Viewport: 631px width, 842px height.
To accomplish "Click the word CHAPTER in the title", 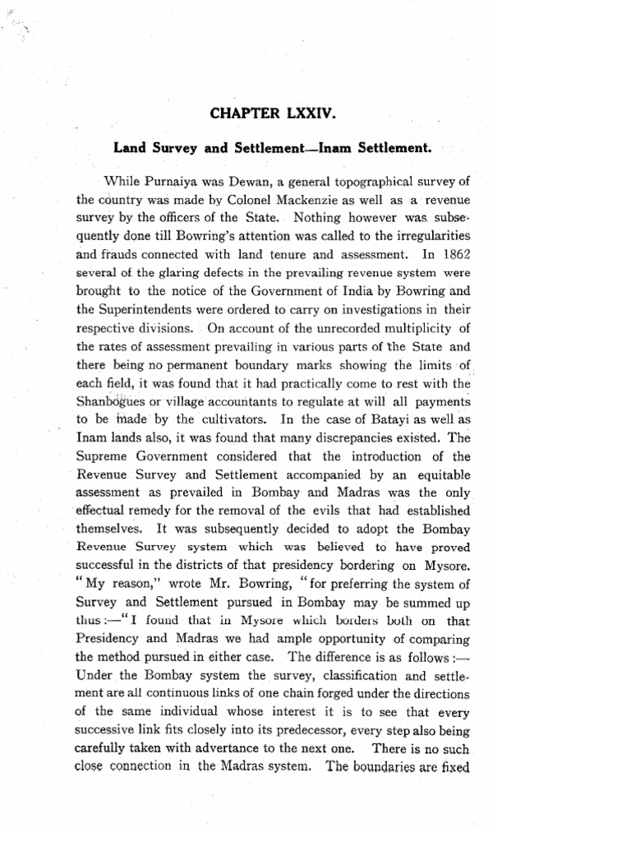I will (245, 113).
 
